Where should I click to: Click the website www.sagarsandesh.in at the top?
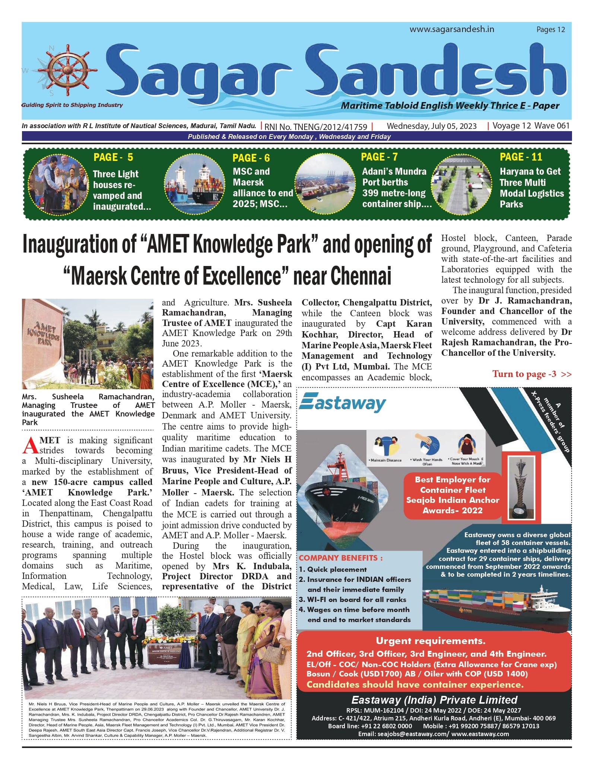(452, 29)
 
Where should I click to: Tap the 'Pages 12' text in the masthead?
(550, 29)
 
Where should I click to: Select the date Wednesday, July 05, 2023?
(432, 126)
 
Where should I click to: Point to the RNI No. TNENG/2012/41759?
(316, 127)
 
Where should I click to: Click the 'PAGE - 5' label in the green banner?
(113, 157)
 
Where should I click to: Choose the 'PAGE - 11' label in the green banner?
(521, 157)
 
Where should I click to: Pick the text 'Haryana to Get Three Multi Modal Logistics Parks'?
(531, 188)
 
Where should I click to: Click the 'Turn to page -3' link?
(531, 374)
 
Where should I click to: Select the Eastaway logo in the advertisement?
(343, 403)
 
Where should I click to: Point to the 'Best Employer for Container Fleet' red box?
(452, 495)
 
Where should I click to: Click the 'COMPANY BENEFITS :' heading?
(340, 558)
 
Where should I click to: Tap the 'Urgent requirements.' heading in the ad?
(431, 641)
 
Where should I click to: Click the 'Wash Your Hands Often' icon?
(428, 449)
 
